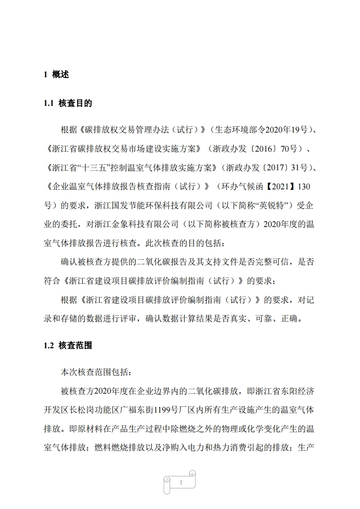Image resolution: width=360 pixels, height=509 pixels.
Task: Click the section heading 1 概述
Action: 56,75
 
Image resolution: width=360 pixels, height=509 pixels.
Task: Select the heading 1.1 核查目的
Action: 68,104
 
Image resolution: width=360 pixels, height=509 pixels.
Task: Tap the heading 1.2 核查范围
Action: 68,346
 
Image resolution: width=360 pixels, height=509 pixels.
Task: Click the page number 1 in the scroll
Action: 181,482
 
